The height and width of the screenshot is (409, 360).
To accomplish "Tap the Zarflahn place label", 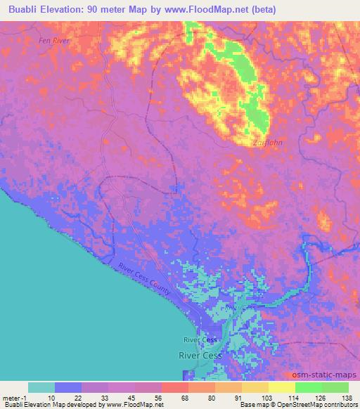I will click(x=267, y=143).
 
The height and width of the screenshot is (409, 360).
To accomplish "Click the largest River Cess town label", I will click(x=200, y=356).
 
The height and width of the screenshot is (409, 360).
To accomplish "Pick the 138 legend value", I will click(x=345, y=398).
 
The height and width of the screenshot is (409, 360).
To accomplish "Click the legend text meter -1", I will click(x=15, y=398).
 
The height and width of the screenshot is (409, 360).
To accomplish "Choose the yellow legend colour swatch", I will click(x=281, y=387).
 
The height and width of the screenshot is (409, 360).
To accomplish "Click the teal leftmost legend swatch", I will click(x=41, y=387).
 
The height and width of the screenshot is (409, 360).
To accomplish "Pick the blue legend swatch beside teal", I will click(x=68, y=387).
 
